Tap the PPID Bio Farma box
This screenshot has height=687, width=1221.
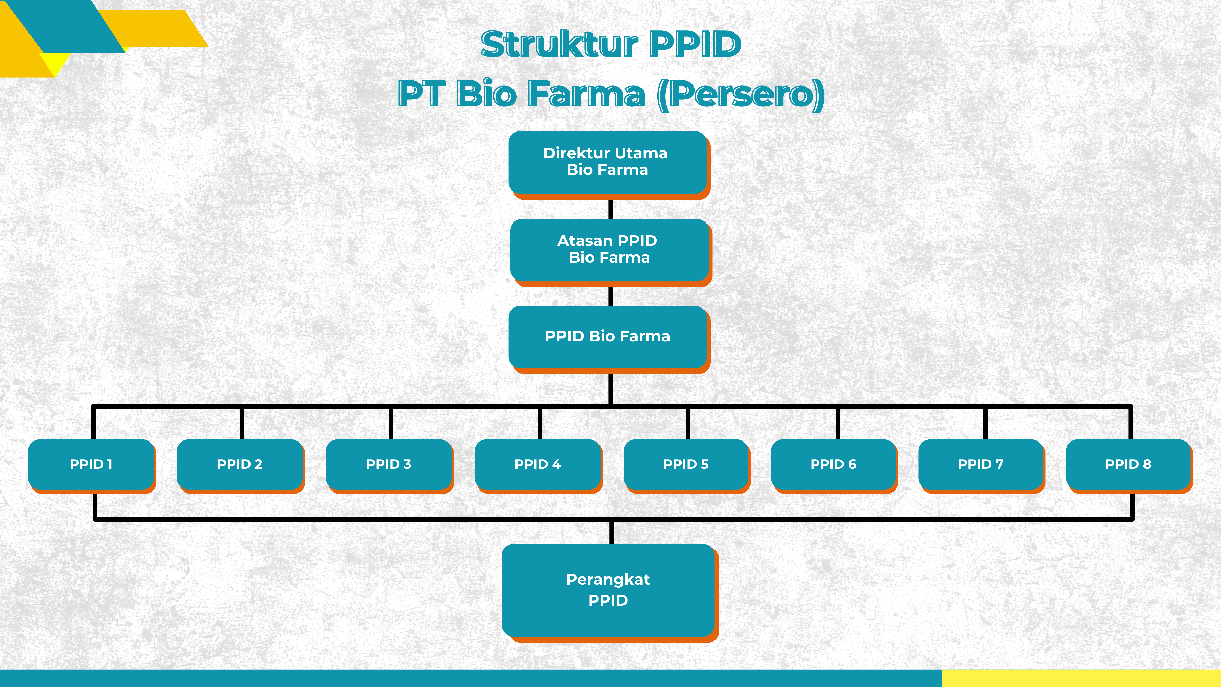click(608, 337)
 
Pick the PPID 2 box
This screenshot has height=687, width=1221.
click(240, 464)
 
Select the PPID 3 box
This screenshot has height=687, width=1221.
click(389, 464)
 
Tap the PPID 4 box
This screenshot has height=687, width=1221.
click(537, 464)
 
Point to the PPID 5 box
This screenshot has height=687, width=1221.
click(686, 464)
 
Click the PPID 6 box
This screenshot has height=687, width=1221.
click(833, 464)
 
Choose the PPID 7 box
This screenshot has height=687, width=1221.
click(981, 464)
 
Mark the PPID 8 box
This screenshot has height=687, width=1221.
click(1128, 464)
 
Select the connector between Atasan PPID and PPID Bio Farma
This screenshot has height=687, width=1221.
click(610, 296)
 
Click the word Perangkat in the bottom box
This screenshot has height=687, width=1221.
click(608, 579)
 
